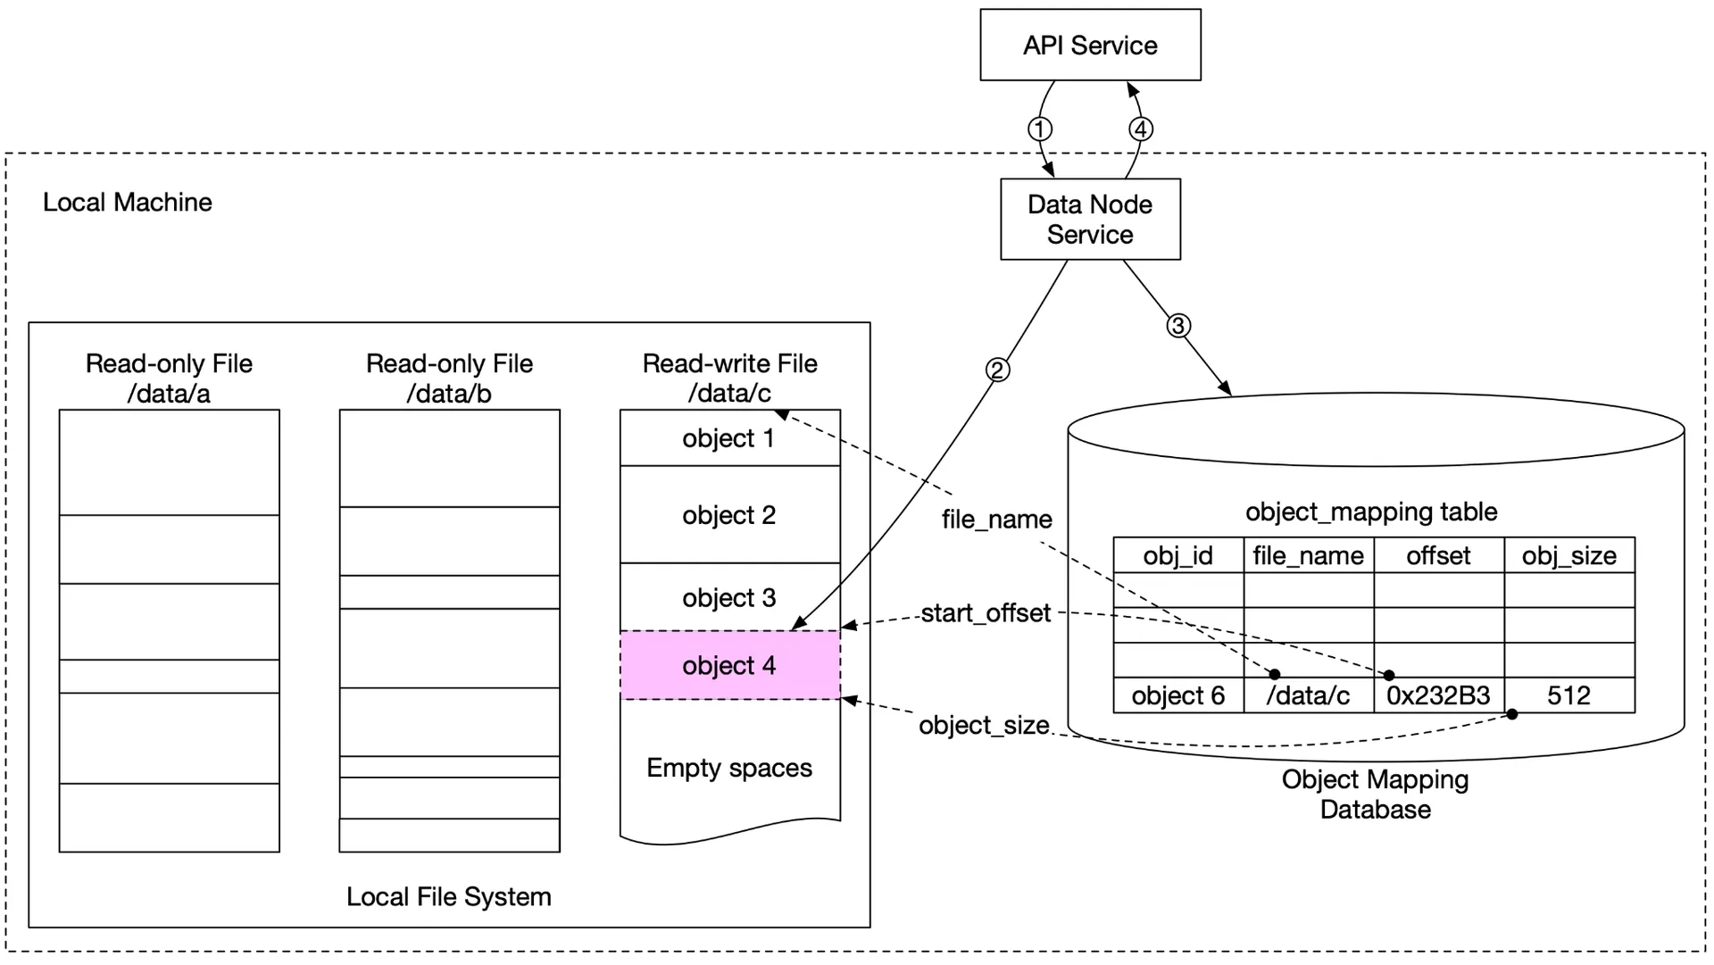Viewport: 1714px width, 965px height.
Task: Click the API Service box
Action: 1090,45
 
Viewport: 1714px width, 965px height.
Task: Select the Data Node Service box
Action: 1090,220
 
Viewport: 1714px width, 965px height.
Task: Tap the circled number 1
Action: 1039,129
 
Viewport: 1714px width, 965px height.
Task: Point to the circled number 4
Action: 1140,129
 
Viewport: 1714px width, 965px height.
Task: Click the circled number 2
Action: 997,370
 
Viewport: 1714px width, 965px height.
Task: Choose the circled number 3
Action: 1178,326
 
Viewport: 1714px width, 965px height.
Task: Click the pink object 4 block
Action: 730,665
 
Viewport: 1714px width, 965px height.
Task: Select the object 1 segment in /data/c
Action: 730,438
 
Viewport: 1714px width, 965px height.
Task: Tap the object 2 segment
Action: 730,515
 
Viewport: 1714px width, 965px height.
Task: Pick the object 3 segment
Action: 730,597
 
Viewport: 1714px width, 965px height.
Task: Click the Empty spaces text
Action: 729,768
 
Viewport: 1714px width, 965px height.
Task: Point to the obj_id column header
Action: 1178,555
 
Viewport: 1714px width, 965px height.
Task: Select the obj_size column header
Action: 1569,555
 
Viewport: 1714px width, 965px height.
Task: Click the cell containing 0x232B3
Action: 1439,695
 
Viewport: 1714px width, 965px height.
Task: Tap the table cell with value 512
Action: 1569,695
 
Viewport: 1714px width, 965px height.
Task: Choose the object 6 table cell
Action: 1178,695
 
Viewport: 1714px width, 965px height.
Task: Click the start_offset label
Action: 986,613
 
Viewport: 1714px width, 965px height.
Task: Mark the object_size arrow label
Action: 984,725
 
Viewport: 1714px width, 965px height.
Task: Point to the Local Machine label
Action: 128,202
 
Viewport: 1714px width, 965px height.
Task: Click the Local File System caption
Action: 449,896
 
